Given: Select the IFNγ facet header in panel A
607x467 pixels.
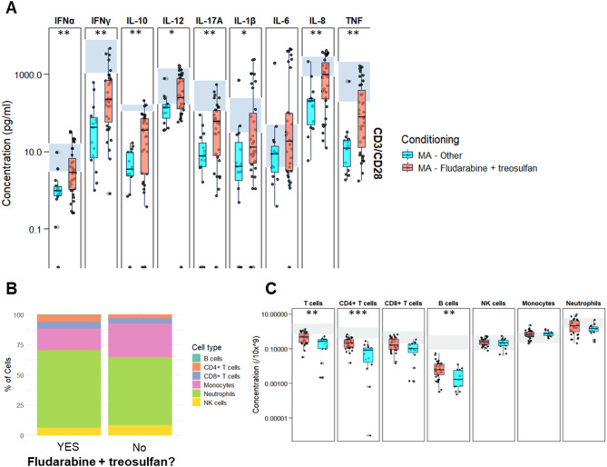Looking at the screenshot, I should pos(102,18).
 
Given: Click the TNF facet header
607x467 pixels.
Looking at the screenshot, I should pos(355,18).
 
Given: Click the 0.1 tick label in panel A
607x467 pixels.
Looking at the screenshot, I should pos(34,229).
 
